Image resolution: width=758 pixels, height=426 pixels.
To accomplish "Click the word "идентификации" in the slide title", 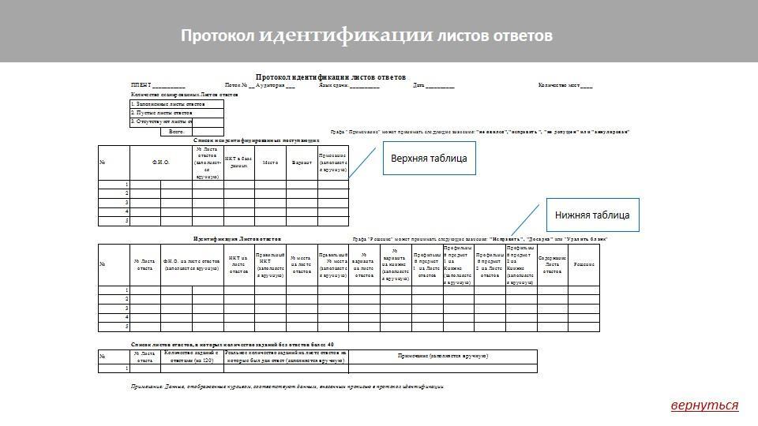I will coord(347,35).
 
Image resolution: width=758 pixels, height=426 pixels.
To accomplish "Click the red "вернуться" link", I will coord(704,405).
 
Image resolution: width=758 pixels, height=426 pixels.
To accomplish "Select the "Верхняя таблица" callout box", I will coord(429,159).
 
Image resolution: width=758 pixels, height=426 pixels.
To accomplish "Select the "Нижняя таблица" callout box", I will coord(592,215).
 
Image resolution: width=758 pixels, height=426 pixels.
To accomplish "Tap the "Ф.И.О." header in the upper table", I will coord(160,163).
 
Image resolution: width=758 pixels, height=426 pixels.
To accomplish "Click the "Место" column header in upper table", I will coord(270,163).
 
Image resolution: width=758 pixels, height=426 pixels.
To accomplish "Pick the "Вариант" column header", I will coord(302,163).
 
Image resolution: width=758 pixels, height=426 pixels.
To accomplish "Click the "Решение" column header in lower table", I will coord(584,264).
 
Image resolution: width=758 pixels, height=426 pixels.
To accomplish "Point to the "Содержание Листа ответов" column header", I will coord(552,264).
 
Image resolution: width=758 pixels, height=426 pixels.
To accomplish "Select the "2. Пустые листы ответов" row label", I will coord(161,113).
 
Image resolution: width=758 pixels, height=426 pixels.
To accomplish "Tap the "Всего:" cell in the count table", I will coord(176,132).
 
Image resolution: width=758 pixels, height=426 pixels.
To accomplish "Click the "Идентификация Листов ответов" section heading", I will coord(237,238).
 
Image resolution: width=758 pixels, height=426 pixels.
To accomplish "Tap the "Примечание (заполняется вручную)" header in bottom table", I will coord(442,357).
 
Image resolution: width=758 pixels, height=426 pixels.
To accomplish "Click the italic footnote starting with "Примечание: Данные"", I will coord(287,387).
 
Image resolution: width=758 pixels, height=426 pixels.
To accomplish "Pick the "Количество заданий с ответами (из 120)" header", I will coord(192,357).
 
